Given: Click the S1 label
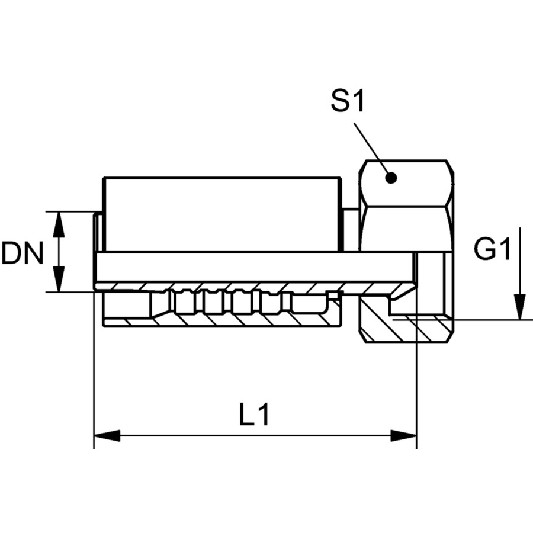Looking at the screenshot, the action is (x=348, y=101).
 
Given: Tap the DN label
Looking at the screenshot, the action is (x=23, y=253).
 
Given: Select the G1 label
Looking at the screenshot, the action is (x=493, y=249).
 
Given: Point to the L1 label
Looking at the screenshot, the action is (x=254, y=415).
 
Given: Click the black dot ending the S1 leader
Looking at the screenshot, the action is (x=391, y=178).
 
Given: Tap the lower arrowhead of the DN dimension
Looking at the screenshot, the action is (x=59, y=279).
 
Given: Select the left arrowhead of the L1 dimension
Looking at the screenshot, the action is (x=107, y=436).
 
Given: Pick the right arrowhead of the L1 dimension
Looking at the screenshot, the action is (x=403, y=436).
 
